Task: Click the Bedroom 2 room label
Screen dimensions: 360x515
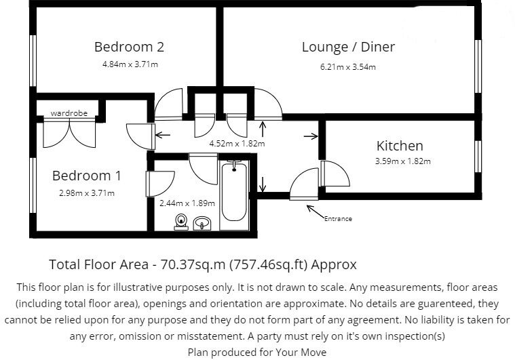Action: [129, 47]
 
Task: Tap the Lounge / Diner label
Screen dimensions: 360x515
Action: [348, 47]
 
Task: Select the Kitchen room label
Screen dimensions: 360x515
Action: [400, 146]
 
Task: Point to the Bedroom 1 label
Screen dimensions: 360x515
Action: [87, 176]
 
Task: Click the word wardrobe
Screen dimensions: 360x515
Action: [69, 113]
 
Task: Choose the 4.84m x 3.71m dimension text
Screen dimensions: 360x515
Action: [130, 65]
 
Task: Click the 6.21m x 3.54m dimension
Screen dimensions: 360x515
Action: [348, 66]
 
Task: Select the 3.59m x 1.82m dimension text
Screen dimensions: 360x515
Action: [403, 161]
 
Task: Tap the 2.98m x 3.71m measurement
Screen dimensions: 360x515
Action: [86, 193]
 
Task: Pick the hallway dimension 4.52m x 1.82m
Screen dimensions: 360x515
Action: [236, 143]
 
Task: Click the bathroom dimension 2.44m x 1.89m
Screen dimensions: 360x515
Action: [187, 203]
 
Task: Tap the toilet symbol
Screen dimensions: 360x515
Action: [180, 220]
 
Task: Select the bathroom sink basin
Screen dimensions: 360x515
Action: [202, 222]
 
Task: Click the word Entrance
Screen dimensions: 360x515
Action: [338, 218]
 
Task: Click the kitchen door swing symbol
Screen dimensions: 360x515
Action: [334, 174]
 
